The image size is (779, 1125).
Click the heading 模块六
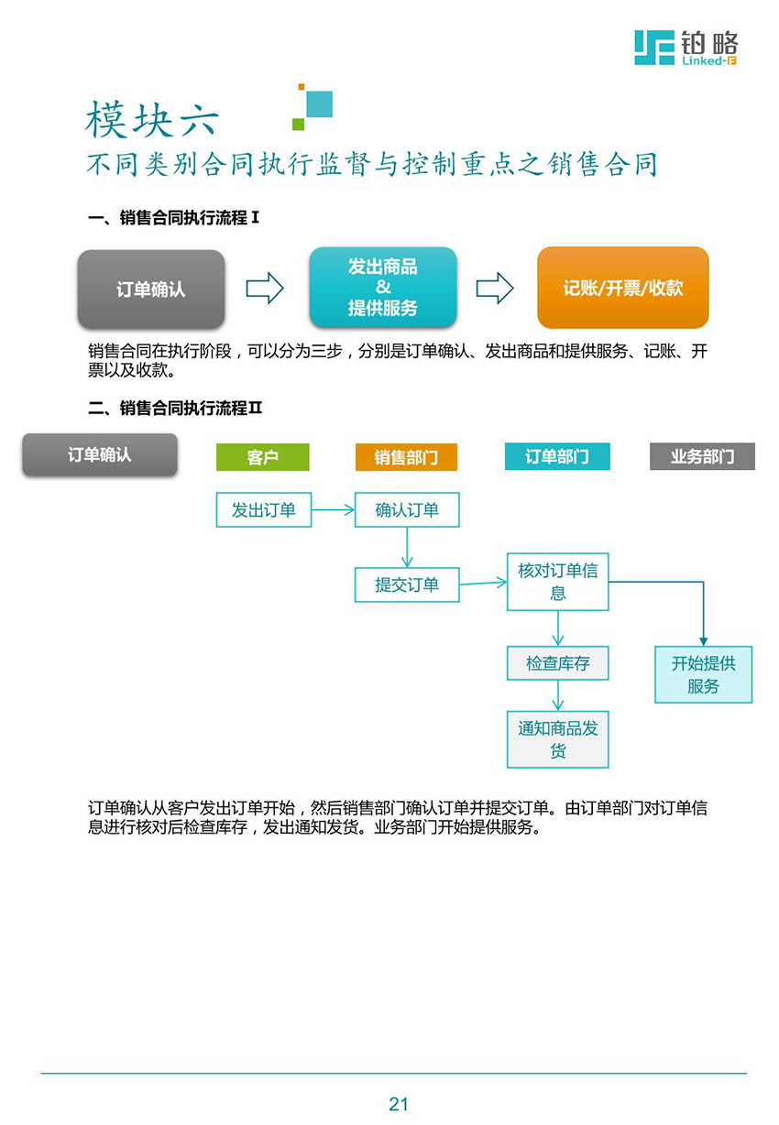(152, 119)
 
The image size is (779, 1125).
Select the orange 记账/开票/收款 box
(622, 288)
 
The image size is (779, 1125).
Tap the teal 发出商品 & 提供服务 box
(382, 288)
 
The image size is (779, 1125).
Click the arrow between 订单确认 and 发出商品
(265, 288)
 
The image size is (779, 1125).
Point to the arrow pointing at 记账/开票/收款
(494, 288)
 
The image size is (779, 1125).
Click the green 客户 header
(263, 457)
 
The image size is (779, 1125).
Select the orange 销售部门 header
(406, 457)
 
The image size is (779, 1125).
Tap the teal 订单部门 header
(556, 456)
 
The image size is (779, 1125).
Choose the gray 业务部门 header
(702, 456)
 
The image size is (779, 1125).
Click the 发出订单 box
(264, 509)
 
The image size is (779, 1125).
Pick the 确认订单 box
(407, 509)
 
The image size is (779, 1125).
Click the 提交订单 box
(407, 584)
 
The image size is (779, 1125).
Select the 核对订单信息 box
(557, 581)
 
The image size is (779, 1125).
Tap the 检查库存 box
(557, 662)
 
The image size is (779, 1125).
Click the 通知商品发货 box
(557, 739)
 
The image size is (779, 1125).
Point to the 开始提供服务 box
(703, 674)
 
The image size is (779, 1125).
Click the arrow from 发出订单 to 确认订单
(333, 510)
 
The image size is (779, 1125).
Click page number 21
(398, 1104)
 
